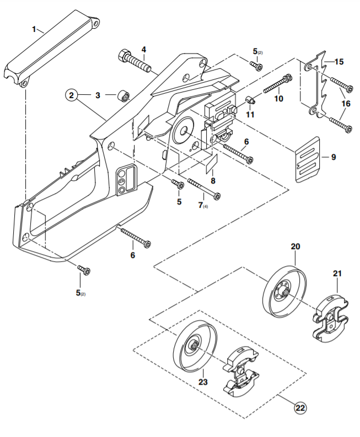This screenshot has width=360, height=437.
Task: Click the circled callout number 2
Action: coord(71,95)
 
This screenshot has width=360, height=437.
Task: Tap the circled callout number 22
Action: coord(300,408)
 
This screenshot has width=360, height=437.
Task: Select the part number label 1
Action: coord(34,29)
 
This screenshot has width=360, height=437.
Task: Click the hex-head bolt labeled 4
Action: coord(135,61)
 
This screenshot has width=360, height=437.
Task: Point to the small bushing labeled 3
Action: coord(123,95)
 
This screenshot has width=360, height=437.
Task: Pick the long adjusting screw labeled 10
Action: coord(278,83)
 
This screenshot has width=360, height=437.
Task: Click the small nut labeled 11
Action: coord(250,100)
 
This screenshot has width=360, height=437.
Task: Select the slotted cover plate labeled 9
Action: coord(307,160)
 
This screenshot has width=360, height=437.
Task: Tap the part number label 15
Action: coord(339,62)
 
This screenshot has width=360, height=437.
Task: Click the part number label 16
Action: coord(346,104)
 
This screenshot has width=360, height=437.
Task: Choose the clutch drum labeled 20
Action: coord(284,292)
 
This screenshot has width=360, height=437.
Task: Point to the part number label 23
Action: coord(203,381)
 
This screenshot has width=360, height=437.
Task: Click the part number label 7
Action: coord(201,205)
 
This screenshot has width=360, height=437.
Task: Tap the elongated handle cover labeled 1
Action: coord(52,48)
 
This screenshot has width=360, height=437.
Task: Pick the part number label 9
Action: coord(334,157)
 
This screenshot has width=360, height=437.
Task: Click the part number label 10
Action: coord(279,99)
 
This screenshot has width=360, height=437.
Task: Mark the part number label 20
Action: coord(295,246)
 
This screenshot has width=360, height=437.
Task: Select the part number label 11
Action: coord(250,114)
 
